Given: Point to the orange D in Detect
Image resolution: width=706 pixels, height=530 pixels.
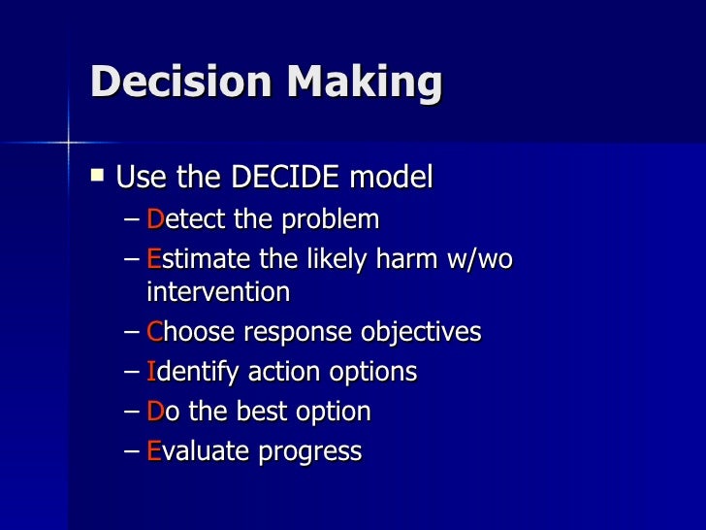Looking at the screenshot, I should point(156,219).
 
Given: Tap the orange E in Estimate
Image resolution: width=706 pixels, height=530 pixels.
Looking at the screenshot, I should point(155,260).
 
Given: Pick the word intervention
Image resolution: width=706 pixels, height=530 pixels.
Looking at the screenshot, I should point(218,291).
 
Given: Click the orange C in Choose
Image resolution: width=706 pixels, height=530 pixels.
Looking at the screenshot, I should point(156,332).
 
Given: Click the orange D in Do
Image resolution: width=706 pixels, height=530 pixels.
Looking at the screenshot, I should point(156,412).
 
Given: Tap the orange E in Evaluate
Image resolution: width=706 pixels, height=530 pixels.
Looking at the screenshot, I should point(155,451).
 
